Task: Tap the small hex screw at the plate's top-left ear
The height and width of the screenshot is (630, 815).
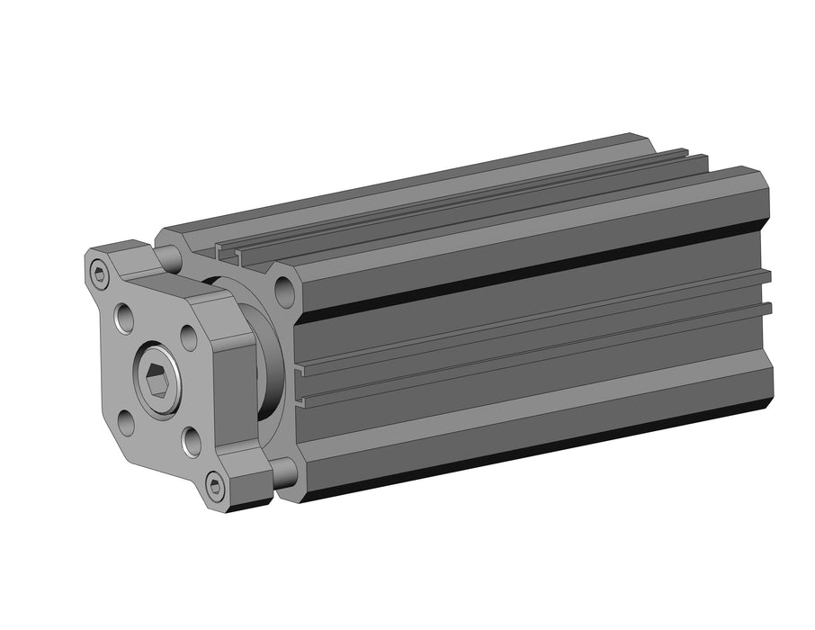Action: point(99,273)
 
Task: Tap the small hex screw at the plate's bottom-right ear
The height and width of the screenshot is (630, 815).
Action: point(215,487)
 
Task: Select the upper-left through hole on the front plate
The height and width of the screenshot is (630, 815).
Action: point(124,317)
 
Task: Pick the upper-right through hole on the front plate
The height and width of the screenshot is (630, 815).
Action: point(188,337)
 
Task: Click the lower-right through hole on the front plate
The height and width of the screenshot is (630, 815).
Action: point(191,440)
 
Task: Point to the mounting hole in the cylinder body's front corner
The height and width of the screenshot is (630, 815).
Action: point(285,290)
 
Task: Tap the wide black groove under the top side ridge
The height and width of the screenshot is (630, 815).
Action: point(531,267)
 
